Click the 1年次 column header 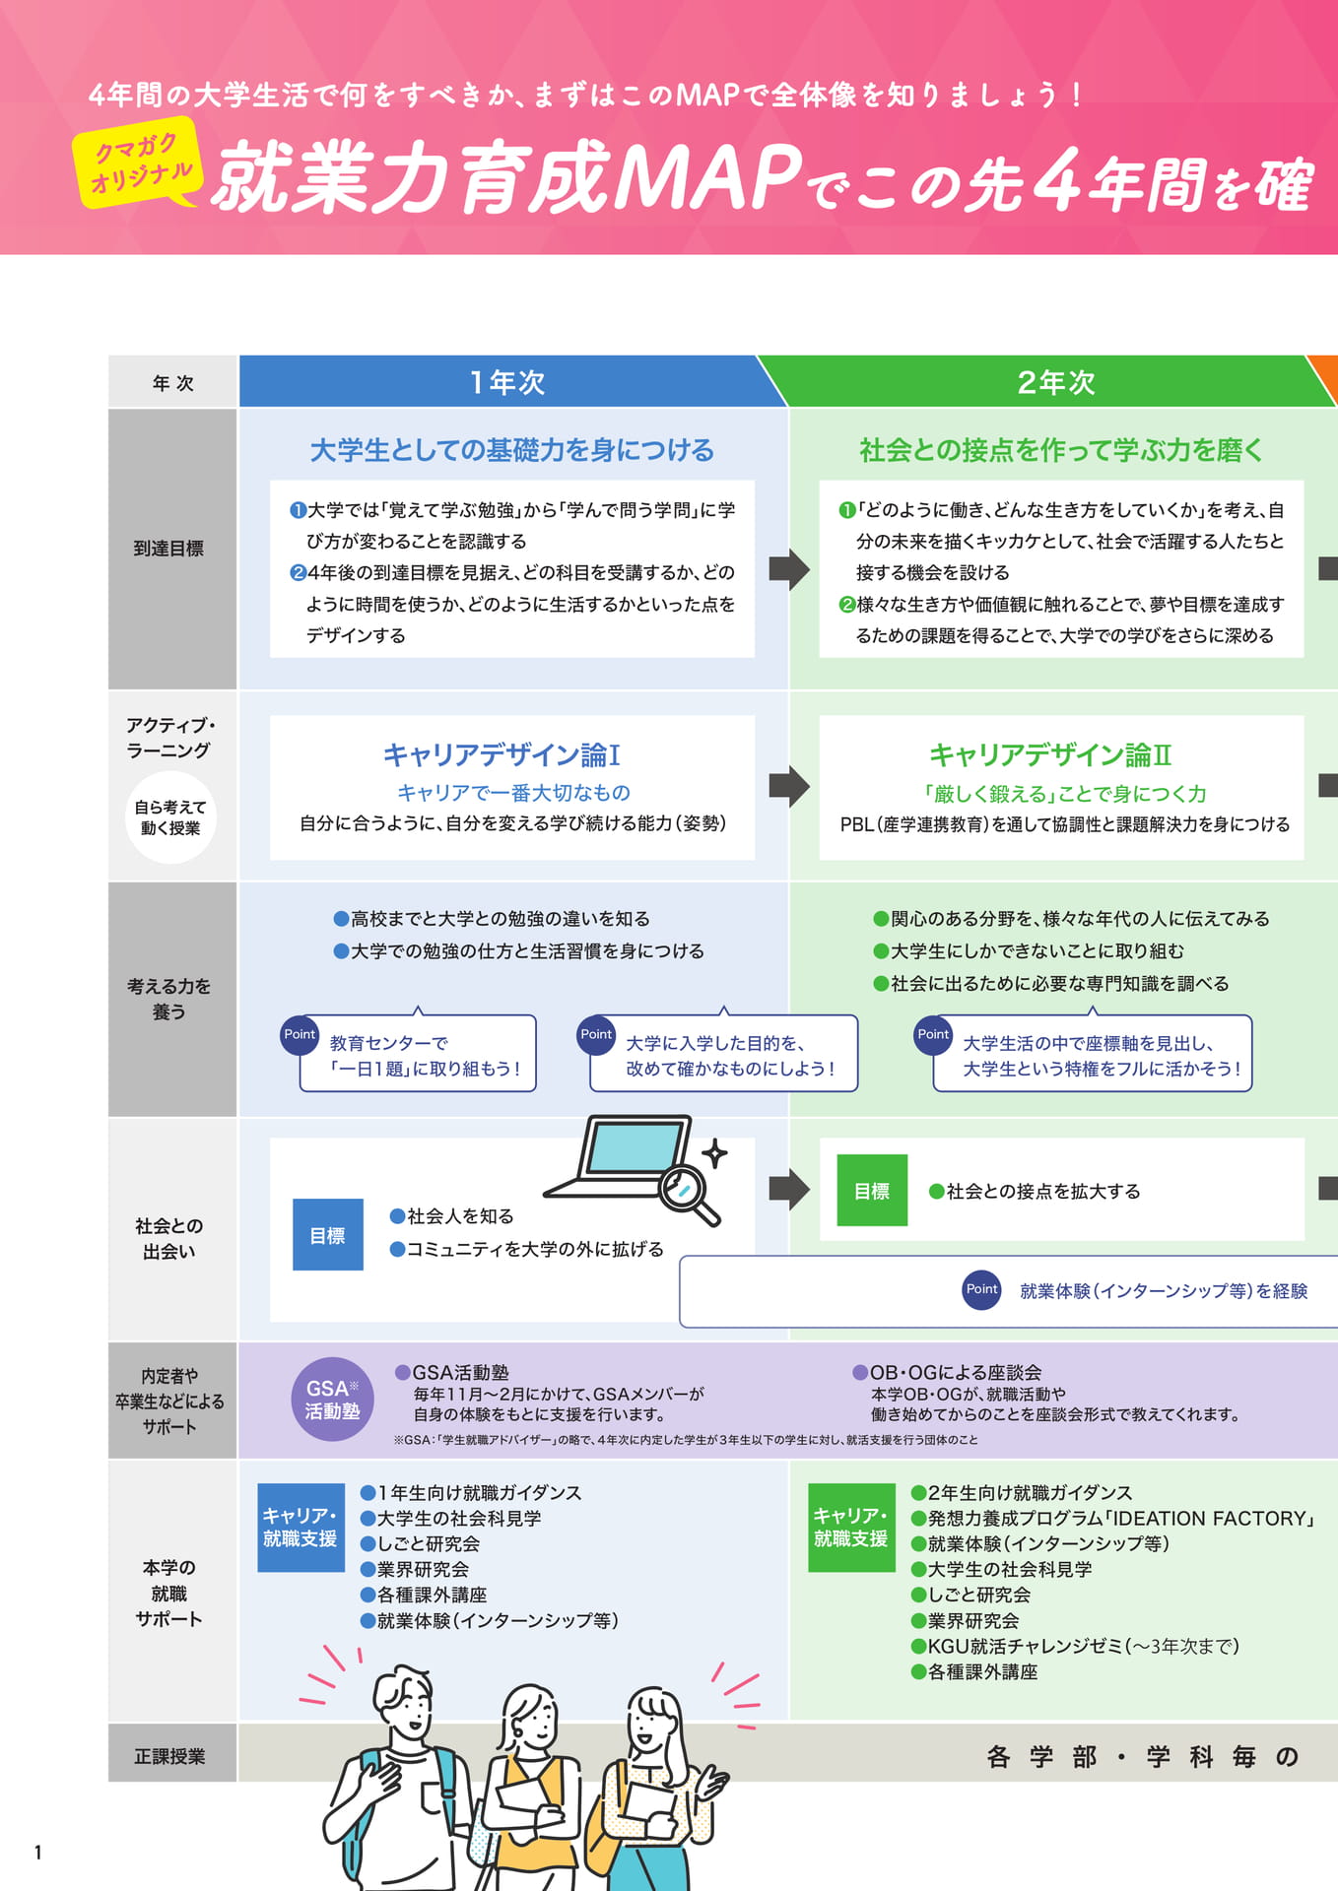507,381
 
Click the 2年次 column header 1056,381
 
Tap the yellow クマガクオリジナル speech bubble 138,163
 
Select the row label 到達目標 168,549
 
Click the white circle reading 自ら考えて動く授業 170,817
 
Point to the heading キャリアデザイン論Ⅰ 502,754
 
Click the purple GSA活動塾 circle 333,1400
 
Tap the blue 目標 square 328,1235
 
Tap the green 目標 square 872,1191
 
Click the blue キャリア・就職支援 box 301,1528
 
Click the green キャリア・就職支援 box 851,1528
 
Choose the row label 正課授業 169,1756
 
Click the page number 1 38,1853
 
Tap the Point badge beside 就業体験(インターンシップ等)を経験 982,1289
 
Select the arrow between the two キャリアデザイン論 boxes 789,786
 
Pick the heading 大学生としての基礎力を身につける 512,450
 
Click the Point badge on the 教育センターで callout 300,1035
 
